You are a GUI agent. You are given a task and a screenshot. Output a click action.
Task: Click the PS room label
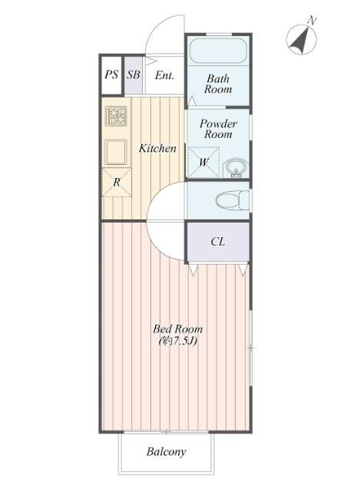(x=111, y=74)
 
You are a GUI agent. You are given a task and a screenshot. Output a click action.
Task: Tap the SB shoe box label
(x=134, y=74)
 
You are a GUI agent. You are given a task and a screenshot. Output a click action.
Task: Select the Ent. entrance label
(x=164, y=75)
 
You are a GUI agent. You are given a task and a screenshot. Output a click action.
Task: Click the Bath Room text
(x=218, y=84)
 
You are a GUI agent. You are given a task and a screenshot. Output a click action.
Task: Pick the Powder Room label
(x=218, y=129)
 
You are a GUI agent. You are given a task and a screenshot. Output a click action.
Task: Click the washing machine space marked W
(x=203, y=163)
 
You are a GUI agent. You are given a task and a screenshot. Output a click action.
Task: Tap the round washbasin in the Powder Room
(x=236, y=167)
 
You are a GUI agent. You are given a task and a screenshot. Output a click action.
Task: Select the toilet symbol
(x=233, y=199)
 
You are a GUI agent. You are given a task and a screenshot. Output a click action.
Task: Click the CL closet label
(x=218, y=242)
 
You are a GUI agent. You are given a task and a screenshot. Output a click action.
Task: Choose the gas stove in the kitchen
(x=116, y=116)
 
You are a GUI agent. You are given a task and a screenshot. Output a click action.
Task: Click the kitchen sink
(x=116, y=152)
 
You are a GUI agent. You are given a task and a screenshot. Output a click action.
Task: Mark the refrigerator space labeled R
(x=117, y=183)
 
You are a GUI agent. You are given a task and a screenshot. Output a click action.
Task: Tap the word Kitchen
(x=157, y=148)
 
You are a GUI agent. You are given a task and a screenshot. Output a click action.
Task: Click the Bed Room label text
(x=177, y=329)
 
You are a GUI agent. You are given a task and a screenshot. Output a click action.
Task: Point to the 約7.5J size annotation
(x=178, y=341)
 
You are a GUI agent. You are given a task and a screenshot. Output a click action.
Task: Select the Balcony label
(x=166, y=452)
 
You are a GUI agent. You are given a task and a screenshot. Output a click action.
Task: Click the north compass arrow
(x=300, y=40)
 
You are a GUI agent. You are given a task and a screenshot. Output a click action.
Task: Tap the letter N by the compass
(x=312, y=21)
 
